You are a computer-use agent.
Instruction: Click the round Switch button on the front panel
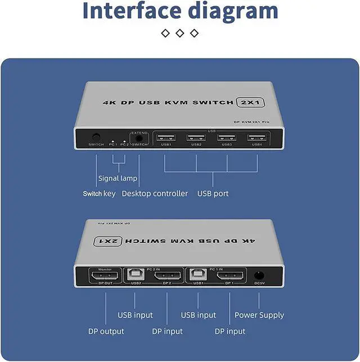tap(96, 137)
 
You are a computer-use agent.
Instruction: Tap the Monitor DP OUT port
tap(105, 277)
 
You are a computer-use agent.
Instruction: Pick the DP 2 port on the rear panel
tap(167, 277)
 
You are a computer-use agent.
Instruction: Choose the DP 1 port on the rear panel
tap(231, 277)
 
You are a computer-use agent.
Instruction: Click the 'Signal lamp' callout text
tap(118, 178)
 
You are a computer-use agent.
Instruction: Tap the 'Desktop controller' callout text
tap(155, 194)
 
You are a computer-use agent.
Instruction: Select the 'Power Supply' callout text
tap(259, 315)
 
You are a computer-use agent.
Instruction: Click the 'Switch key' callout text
tap(99, 194)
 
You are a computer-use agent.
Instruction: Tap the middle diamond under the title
tap(180, 33)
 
